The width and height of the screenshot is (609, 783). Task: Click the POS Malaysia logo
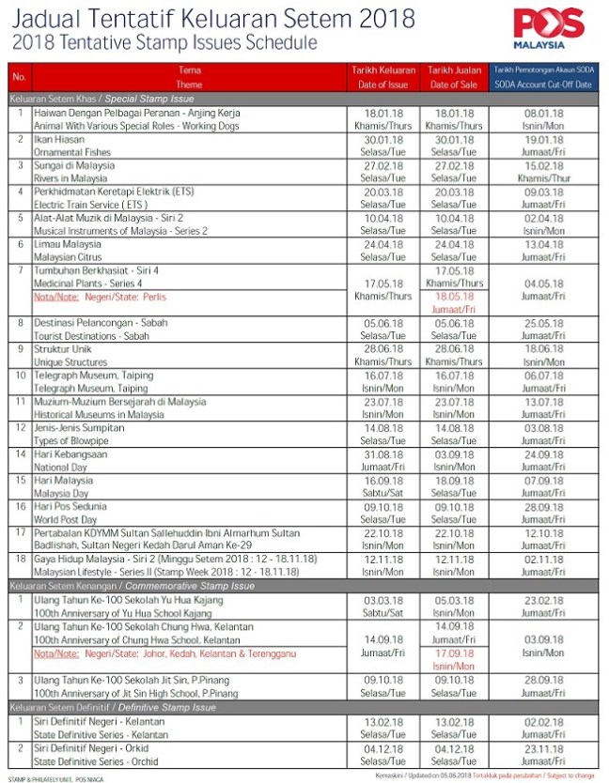coord(552,27)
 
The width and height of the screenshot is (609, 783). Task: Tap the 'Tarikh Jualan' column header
coord(454,70)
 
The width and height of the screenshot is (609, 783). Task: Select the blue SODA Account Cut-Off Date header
coord(543,77)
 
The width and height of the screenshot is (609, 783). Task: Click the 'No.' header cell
coord(19,77)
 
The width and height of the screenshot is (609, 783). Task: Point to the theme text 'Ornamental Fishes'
coord(73,151)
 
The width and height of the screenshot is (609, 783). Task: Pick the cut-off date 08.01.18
coord(543,113)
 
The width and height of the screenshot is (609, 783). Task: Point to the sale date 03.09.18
coord(454,453)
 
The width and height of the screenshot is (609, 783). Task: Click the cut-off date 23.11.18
coord(543,749)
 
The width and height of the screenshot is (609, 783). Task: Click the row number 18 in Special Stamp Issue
coord(19,559)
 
